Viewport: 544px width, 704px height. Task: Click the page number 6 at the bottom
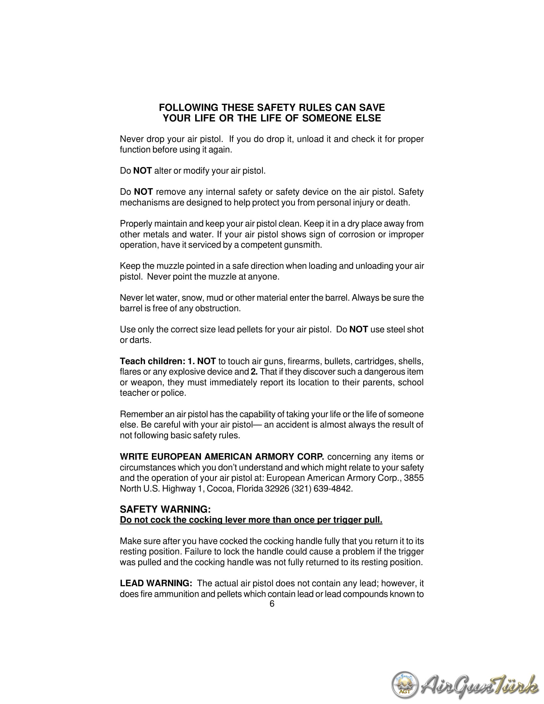(272, 604)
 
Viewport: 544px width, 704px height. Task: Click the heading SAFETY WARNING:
(165, 509)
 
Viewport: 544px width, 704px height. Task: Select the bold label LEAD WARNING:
(156, 583)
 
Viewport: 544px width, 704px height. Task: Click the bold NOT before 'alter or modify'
(142, 171)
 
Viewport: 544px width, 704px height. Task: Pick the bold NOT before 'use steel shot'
(358, 329)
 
